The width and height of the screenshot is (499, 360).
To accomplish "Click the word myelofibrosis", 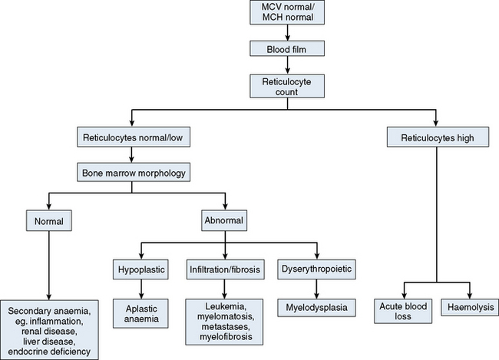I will (225, 335).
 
